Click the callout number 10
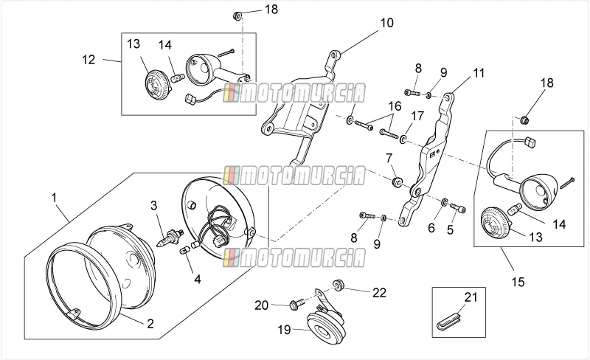(x=386, y=23)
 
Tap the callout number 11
(x=478, y=73)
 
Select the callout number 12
(x=88, y=60)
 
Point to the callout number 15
(x=518, y=282)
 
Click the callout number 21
(x=471, y=297)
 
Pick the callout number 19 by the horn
(x=285, y=330)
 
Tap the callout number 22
(x=379, y=293)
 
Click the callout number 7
(x=389, y=158)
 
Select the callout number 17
(x=417, y=116)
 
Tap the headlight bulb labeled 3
(x=170, y=238)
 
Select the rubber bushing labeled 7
(x=397, y=182)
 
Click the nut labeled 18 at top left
(x=237, y=16)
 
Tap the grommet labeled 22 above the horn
(x=337, y=285)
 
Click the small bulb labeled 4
(x=185, y=249)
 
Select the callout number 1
(x=54, y=198)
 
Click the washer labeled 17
(x=403, y=140)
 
